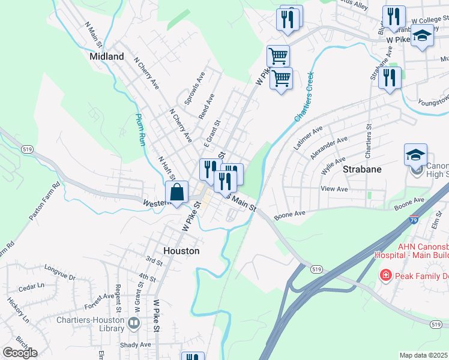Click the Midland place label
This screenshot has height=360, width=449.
[106, 56]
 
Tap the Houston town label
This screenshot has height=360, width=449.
[181, 251]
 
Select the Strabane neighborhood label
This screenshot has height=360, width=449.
[362, 169]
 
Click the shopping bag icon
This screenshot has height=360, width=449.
[177, 194]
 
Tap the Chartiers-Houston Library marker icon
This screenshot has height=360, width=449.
[133, 323]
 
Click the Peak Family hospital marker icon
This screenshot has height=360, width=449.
[385, 275]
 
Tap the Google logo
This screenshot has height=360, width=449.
[20, 353]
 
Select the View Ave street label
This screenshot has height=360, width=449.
[335, 189]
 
